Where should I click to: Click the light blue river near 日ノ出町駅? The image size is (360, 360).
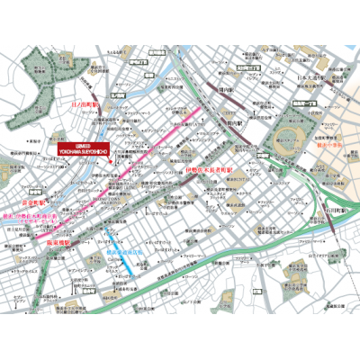(135, 102)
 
